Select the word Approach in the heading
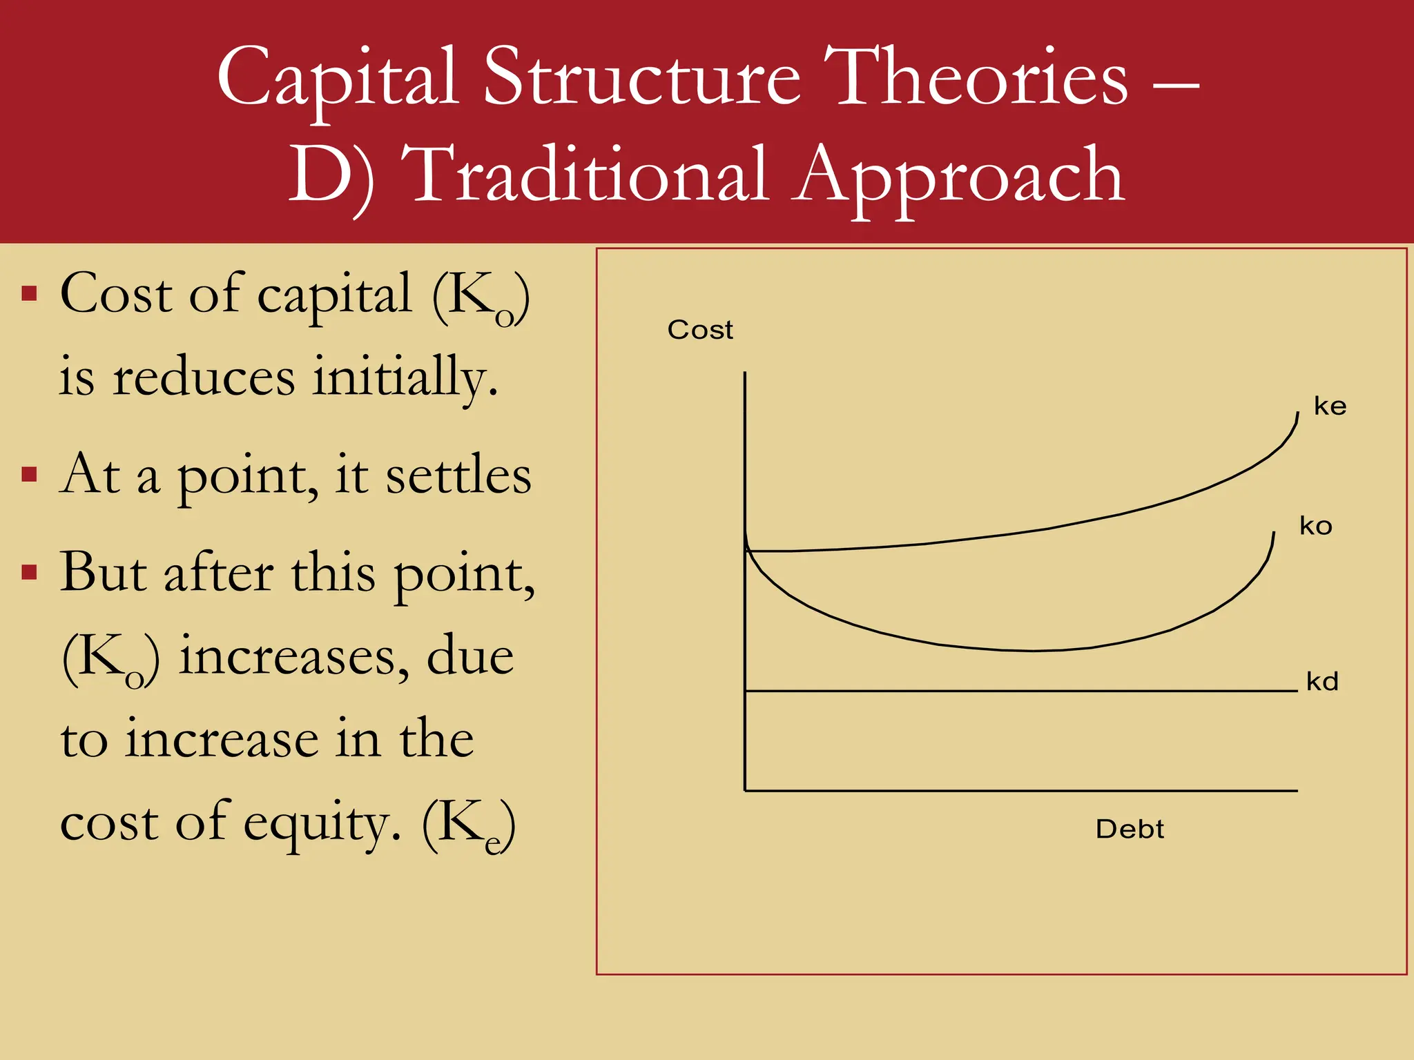coord(959,177)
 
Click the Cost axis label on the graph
coord(699,330)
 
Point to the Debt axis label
coord(1130,829)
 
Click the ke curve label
coord(1330,406)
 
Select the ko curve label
coord(1315,526)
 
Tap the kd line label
coord(1322,681)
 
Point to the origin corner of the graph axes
coord(745,790)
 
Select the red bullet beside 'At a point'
coord(29,475)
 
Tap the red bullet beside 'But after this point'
coord(29,573)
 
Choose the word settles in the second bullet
coord(458,476)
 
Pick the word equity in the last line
coord(322,823)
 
